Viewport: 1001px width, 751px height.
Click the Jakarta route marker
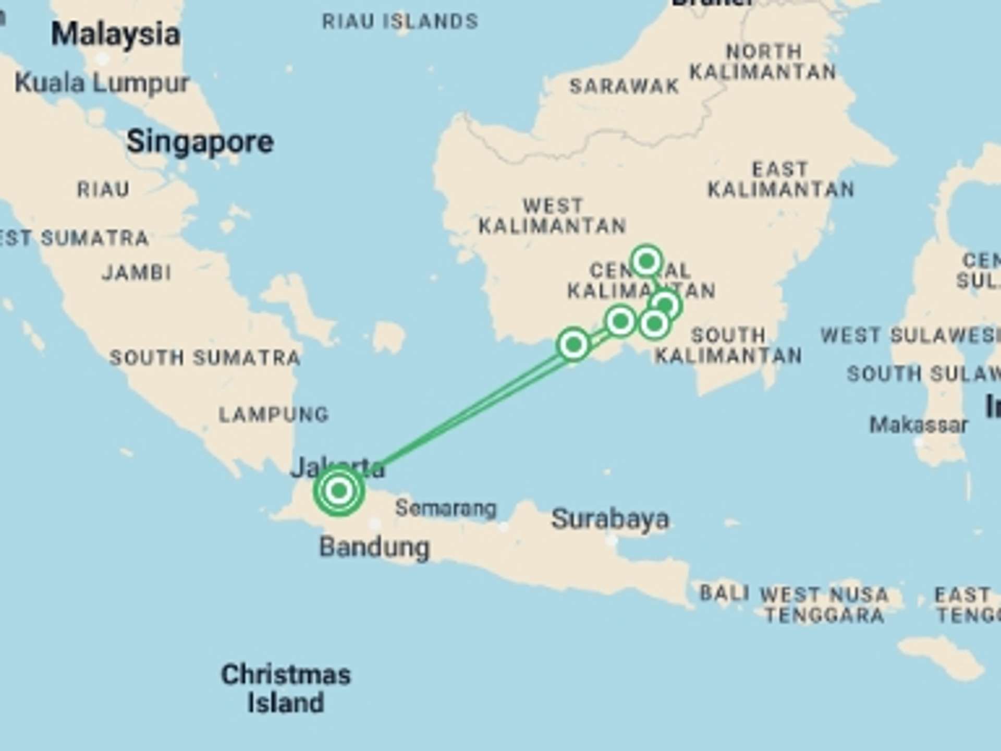pos(339,490)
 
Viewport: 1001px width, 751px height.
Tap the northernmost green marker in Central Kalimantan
pos(646,261)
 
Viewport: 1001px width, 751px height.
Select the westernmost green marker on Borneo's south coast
pos(573,344)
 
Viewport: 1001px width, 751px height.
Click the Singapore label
pos(200,142)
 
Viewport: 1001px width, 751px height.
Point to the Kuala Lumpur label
pos(102,83)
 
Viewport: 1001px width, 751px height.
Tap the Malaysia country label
pos(116,34)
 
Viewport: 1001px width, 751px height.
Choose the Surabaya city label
pos(610,519)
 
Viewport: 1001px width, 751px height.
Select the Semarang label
pos(446,508)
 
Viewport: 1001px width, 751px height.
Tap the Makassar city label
pos(919,425)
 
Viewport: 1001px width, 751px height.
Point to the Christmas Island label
pos(286,688)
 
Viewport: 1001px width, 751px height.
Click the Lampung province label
pos(274,415)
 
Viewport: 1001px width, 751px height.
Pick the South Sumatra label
pos(205,358)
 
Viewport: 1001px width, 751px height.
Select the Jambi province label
pos(137,272)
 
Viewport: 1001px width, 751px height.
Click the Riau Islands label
pos(400,21)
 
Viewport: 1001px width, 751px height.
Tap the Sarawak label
pos(624,86)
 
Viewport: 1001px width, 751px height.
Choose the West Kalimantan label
pos(553,216)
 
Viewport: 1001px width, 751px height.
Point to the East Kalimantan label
pos(780,179)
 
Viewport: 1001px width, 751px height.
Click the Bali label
pos(724,593)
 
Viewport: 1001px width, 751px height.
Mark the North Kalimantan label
pos(763,62)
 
